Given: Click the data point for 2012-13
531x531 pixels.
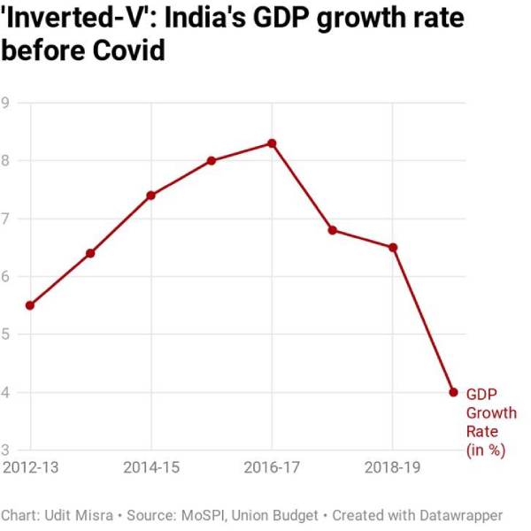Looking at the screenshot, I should click(30, 305).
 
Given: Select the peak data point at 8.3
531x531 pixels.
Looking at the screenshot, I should click(272, 143).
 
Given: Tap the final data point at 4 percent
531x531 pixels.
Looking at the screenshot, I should click(453, 392).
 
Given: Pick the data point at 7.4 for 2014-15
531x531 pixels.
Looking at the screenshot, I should click(150, 196).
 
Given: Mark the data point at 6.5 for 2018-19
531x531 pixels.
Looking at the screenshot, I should click(393, 247).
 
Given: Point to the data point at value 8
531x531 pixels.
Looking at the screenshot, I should click(212, 160).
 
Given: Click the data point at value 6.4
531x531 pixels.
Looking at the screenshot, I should click(90, 253).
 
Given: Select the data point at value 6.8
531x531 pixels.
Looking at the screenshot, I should click(333, 230).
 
